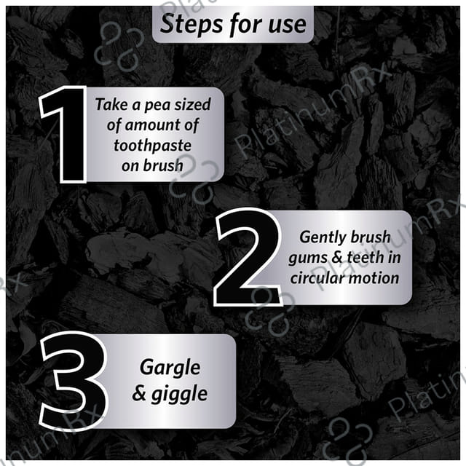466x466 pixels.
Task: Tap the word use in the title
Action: tap(287, 25)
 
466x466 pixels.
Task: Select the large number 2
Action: tap(248, 257)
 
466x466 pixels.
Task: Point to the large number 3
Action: tap(74, 381)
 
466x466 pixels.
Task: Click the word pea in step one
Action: tap(157, 105)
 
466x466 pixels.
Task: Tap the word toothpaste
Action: tap(152, 146)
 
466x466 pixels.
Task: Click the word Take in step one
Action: tap(111, 104)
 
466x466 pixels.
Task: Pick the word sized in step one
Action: tap(192, 104)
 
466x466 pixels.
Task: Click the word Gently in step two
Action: tap(323, 238)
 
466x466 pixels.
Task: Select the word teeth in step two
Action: tap(366, 257)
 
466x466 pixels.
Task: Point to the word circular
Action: tap(317, 278)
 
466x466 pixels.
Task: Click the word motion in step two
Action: tap(374, 278)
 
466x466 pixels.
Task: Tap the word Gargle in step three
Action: tap(170, 368)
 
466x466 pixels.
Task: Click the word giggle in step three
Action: tap(179, 395)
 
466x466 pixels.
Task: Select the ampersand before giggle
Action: tap(139, 393)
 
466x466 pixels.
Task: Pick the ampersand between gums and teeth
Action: tap(337, 257)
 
